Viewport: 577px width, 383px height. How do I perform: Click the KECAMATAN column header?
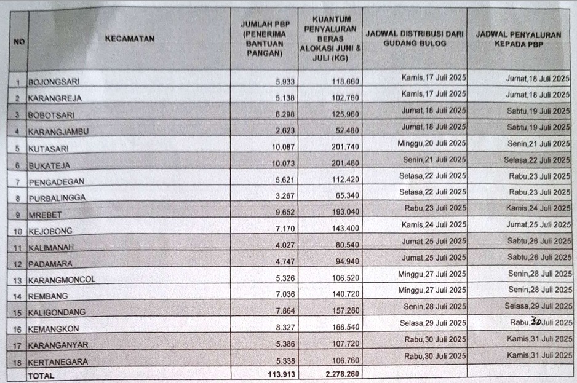pos(129,38)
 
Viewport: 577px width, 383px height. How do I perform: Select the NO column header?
pos(18,42)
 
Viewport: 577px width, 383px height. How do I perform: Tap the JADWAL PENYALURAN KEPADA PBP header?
pos(519,39)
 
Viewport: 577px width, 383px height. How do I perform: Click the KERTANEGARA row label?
pos(58,362)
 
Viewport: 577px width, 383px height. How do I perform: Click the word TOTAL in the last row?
pos(41,374)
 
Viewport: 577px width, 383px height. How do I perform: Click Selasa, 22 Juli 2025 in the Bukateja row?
pos(537,160)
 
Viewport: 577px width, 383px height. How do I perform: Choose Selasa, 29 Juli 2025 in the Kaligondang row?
pos(538,305)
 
